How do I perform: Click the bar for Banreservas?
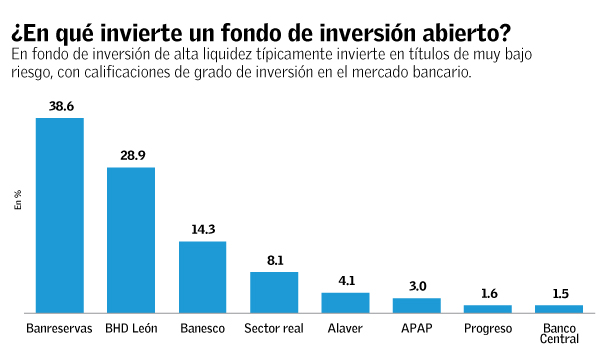coord(60,215)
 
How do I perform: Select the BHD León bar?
coord(131,240)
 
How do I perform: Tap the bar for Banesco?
coord(202,277)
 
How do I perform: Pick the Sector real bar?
coord(274,292)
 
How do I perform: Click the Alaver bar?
coord(345,302)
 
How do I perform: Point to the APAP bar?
coord(417,305)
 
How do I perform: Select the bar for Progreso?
coord(488,308)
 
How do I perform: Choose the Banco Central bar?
coord(559,308)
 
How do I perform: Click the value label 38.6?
coord(60,105)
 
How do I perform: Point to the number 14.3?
coord(203,229)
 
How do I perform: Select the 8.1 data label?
coord(274,260)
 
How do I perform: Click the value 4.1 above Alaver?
coord(345,281)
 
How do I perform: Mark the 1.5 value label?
coord(559,294)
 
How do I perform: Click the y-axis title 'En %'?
coord(17,199)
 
